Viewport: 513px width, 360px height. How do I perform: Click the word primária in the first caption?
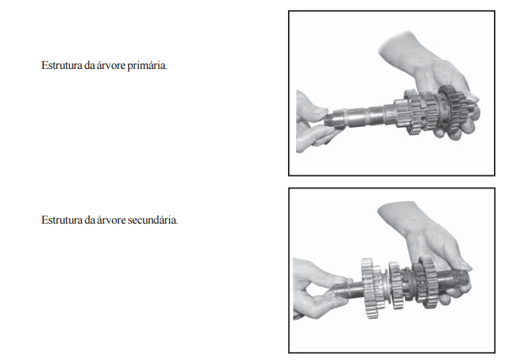click(x=147, y=66)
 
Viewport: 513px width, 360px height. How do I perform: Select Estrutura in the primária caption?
click(x=62, y=65)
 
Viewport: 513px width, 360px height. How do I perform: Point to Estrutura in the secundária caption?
click(x=62, y=220)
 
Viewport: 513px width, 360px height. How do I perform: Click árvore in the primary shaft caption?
click(x=111, y=65)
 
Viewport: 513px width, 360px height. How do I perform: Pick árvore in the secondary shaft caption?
click(x=111, y=220)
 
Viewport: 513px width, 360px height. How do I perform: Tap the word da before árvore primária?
click(x=89, y=65)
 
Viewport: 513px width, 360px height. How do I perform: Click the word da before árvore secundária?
click(x=89, y=220)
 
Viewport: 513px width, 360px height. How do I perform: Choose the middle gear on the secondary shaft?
click(x=395, y=284)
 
